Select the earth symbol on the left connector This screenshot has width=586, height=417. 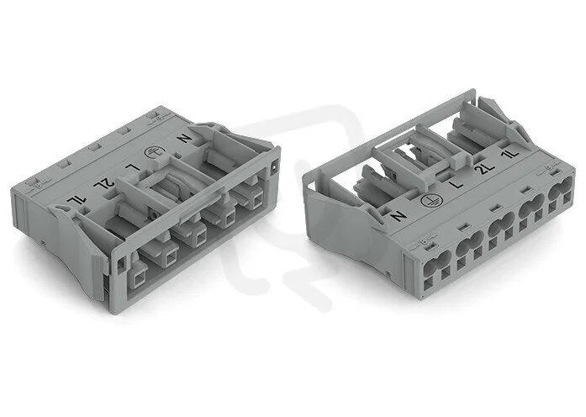pyautogui.click(x=151, y=153)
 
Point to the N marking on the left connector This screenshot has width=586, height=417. pyautogui.click(x=184, y=138)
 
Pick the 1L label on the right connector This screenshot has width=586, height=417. pyautogui.click(x=512, y=154)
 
